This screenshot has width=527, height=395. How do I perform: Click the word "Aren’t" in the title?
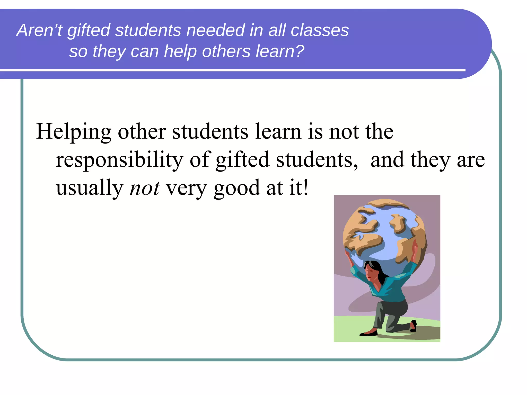pos(39,30)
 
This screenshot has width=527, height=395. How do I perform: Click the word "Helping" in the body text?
pos(74,132)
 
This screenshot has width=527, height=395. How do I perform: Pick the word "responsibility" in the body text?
pos(119,160)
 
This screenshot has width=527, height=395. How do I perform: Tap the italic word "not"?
pos(145,188)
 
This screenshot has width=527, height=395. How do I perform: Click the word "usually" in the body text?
pos(90,188)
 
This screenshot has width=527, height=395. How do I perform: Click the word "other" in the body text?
pos(142,132)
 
